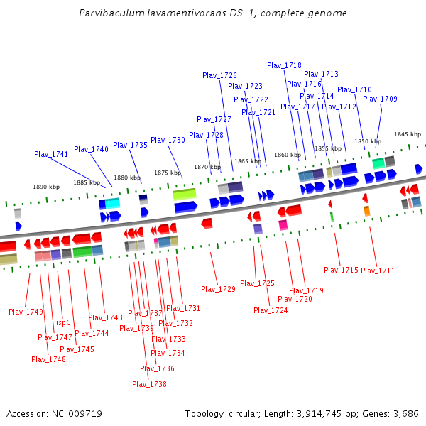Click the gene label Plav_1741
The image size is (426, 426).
coord(51,154)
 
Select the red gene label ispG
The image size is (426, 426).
coord(63,322)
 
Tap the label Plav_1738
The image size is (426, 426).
coord(149,384)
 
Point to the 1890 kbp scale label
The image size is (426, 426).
coord(46,187)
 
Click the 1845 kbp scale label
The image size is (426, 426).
coord(408,134)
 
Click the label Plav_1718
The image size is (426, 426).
coord(284,65)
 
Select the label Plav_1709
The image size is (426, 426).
coord(380,99)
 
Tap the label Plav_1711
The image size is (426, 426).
coord(378,271)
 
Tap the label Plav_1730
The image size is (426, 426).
coord(168,140)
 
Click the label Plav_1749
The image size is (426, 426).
coord(26,312)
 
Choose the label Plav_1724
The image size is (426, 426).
coord(271,310)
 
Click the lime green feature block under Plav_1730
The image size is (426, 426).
coord(185,194)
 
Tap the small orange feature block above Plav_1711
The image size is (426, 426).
coord(366,211)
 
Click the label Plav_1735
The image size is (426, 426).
coord(130,145)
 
